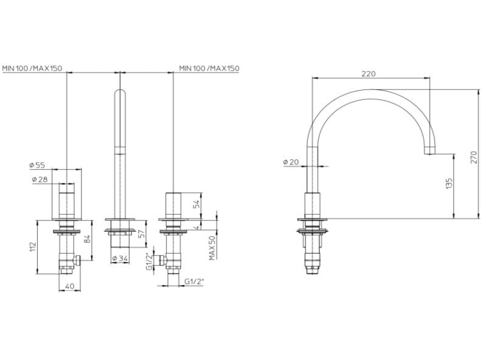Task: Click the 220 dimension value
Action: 368,74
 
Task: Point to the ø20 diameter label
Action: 290,162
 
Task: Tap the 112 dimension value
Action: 32,246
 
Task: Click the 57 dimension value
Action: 141,234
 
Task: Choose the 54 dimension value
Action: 196,203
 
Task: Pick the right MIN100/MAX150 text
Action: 209,68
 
